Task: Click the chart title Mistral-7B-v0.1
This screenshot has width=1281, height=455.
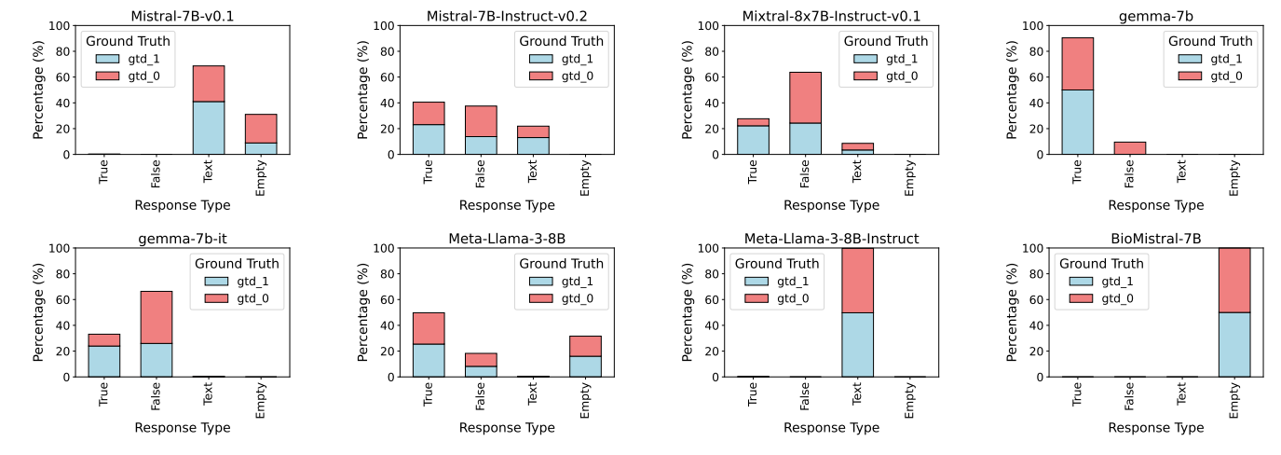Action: click(x=183, y=16)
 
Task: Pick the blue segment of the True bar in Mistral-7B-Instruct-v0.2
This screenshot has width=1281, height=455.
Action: click(x=429, y=139)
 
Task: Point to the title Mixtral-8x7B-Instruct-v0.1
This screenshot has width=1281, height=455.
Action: click(x=831, y=16)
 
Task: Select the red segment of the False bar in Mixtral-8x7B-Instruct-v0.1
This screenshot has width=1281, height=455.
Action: click(x=805, y=98)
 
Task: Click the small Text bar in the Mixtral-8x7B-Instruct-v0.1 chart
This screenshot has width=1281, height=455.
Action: click(x=857, y=148)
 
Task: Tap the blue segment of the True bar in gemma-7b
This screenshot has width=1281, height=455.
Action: click(x=1077, y=122)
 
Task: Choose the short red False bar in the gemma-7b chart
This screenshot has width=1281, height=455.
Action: click(x=1129, y=147)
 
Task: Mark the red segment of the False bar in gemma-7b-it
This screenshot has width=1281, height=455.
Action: click(x=157, y=317)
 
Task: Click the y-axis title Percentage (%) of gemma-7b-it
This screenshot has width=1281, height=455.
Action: click(x=39, y=312)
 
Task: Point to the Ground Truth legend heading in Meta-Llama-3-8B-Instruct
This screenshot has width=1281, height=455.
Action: click(x=775, y=264)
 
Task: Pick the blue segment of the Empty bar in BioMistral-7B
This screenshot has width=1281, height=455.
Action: click(x=1233, y=345)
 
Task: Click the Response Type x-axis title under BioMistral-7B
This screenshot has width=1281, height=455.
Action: click(x=1155, y=428)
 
